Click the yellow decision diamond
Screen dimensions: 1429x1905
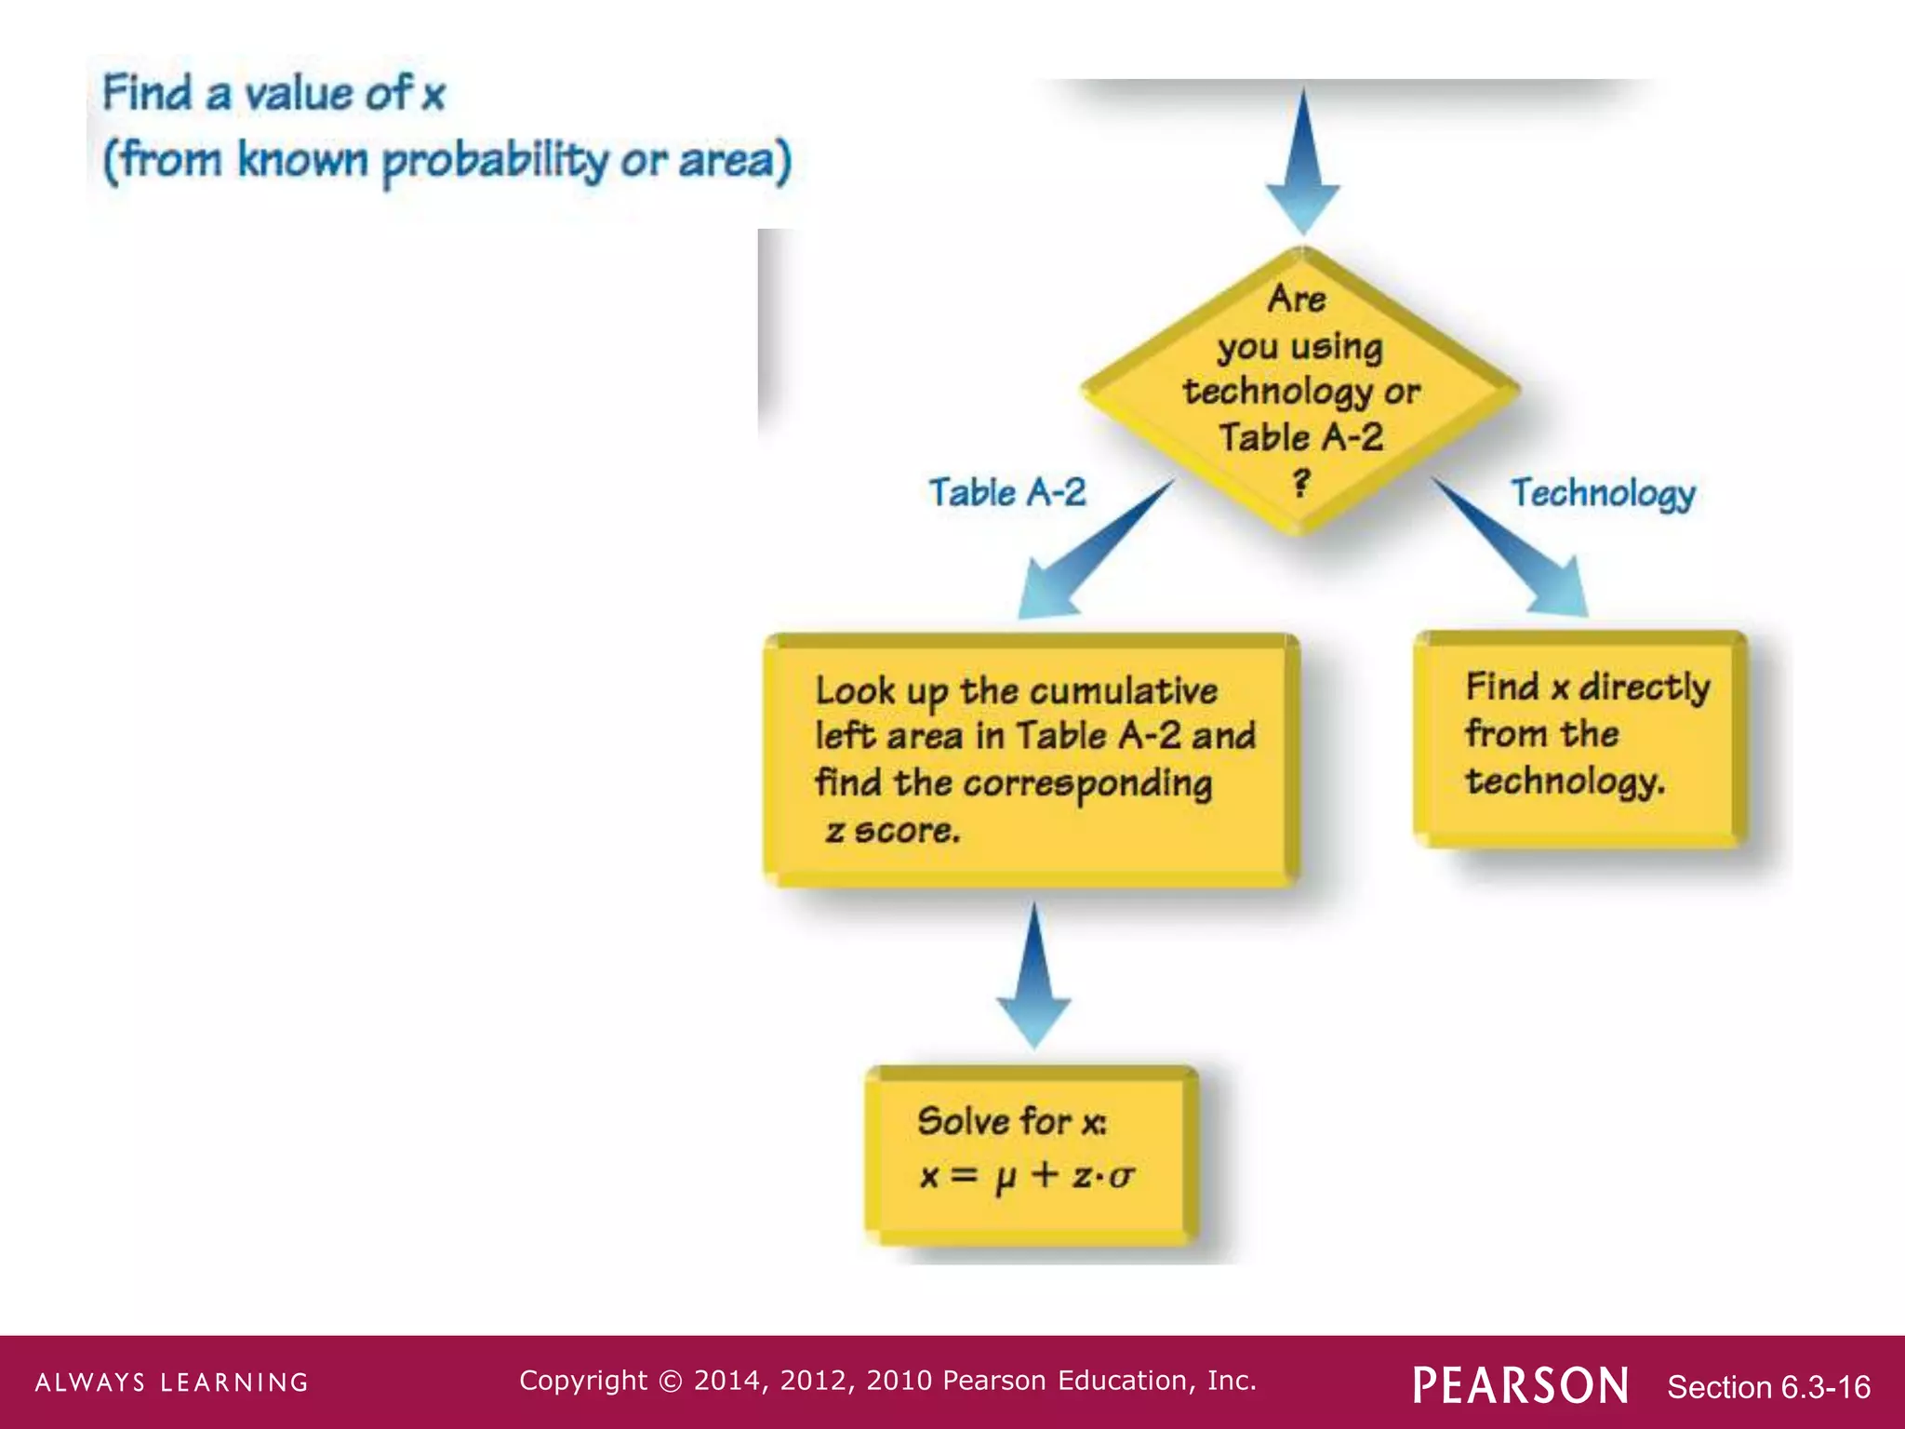click(1300, 391)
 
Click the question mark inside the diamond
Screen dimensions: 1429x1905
click(1301, 483)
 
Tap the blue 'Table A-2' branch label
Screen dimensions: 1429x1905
click(1007, 492)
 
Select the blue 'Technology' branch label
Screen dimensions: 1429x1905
click(1603, 493)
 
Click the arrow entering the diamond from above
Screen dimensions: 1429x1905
click(1303, 163)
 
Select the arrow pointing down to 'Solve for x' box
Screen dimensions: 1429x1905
click(1033, 977)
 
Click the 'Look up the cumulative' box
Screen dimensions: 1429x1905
click(1031, 759)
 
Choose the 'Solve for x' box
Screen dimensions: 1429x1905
click(1031, 1154)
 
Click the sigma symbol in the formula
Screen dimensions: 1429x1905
click(1122, 1177)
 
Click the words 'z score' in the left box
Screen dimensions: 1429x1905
click(892, 831)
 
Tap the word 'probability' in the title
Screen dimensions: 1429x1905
click(495, 161)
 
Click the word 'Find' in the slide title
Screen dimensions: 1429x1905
click(147, 93)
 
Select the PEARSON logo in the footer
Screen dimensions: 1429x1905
click(1521, 1385)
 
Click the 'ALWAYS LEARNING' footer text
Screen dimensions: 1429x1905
click(172, 1382)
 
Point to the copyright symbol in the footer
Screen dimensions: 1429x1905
click(670, 1381)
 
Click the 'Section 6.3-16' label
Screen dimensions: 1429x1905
click(1768, 1387)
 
